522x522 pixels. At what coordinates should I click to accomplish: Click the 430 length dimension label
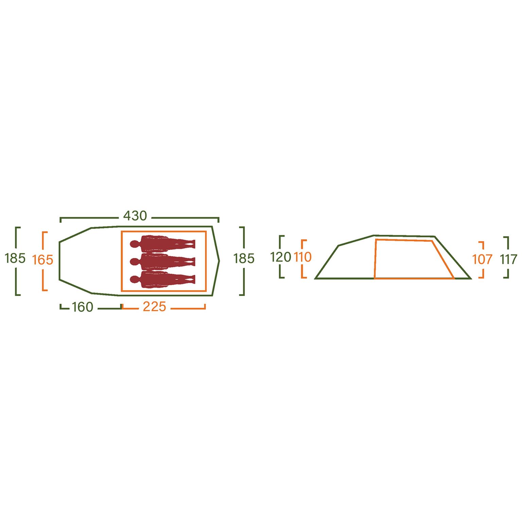point(135,216)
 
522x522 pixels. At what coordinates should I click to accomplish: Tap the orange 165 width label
point(43,260)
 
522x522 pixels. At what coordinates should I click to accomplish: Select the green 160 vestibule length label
point(82,307)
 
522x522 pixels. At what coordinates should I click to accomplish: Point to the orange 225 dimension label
point(154,307)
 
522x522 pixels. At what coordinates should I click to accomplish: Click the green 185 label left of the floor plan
point(15,259)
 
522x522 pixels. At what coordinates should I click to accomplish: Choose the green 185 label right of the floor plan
point(244,259)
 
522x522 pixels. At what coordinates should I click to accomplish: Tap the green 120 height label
point(281,257)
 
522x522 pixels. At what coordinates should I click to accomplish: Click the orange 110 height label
point(303,257)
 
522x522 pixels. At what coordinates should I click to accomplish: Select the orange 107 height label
point(483,260)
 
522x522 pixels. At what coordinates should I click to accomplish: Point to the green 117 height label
point(509,260)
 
